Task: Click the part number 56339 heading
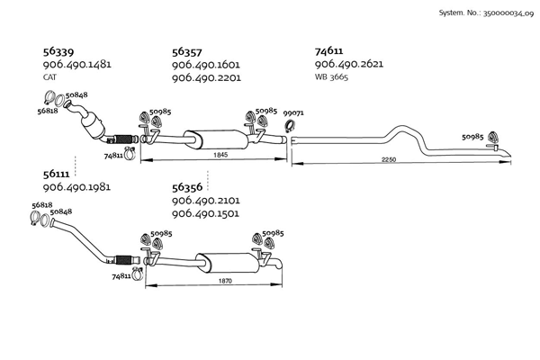(59, 52)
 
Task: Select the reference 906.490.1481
(76, 66)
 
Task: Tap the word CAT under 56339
(49, 78)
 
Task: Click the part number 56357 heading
(188, 52)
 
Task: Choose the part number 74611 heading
(329, 52)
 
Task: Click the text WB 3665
(331, 78)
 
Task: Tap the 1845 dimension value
(220, 156)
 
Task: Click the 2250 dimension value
(388, 159)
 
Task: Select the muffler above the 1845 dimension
(216, 139)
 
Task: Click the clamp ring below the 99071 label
(293, 125)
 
